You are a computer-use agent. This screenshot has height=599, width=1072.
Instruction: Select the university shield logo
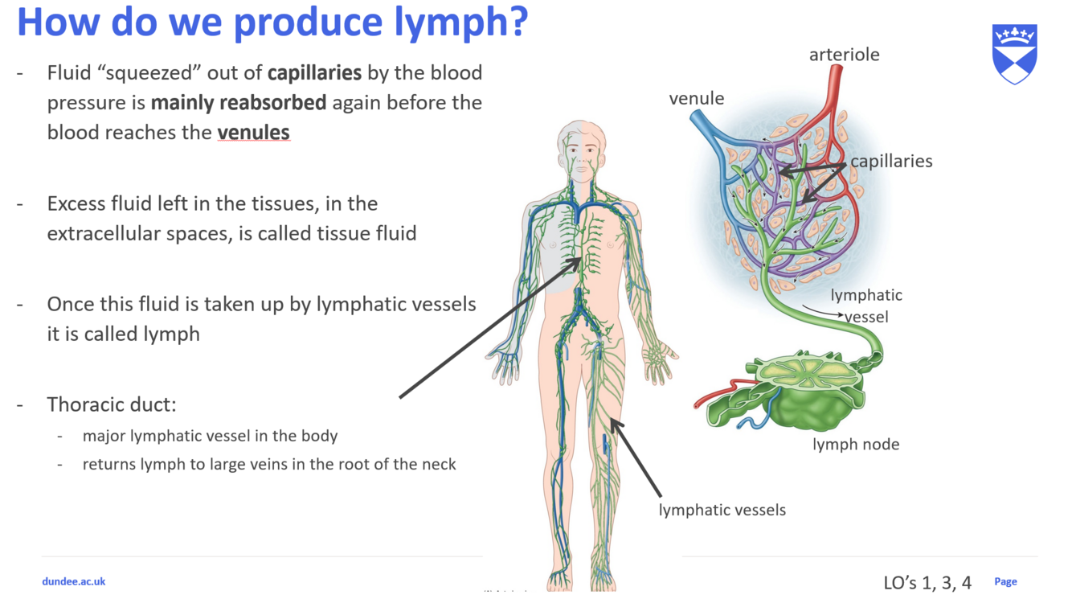[x=1015, y=54]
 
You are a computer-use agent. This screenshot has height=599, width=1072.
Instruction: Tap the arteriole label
[x=844, y=55]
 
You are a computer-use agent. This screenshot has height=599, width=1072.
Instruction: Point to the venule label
[x=696, y=98]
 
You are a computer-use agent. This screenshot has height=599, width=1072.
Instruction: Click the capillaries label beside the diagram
[x=891, y=161]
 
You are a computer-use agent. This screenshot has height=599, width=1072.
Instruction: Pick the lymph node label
[x=855, y=444]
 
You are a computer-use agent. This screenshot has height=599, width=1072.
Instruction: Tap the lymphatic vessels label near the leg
[x=722, y=510]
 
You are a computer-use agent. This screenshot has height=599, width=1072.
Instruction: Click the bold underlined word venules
[x=253, y=133]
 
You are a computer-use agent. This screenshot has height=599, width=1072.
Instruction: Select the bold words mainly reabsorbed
[x=238, y=103]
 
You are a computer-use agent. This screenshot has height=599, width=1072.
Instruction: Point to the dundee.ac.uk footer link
[x=74, y=581]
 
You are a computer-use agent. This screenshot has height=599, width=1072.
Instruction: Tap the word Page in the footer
[x=1005, y=581]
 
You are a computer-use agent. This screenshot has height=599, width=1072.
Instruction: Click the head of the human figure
[x=582, y=145]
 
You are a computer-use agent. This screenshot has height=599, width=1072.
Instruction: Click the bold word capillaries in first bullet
[x=314, y=73]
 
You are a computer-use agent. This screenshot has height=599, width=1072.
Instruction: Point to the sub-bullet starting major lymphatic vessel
[x=210, y=436]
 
